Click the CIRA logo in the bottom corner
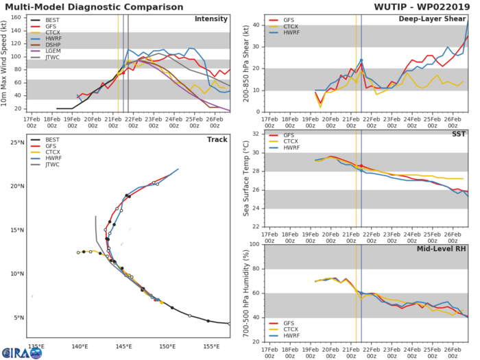21,352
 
